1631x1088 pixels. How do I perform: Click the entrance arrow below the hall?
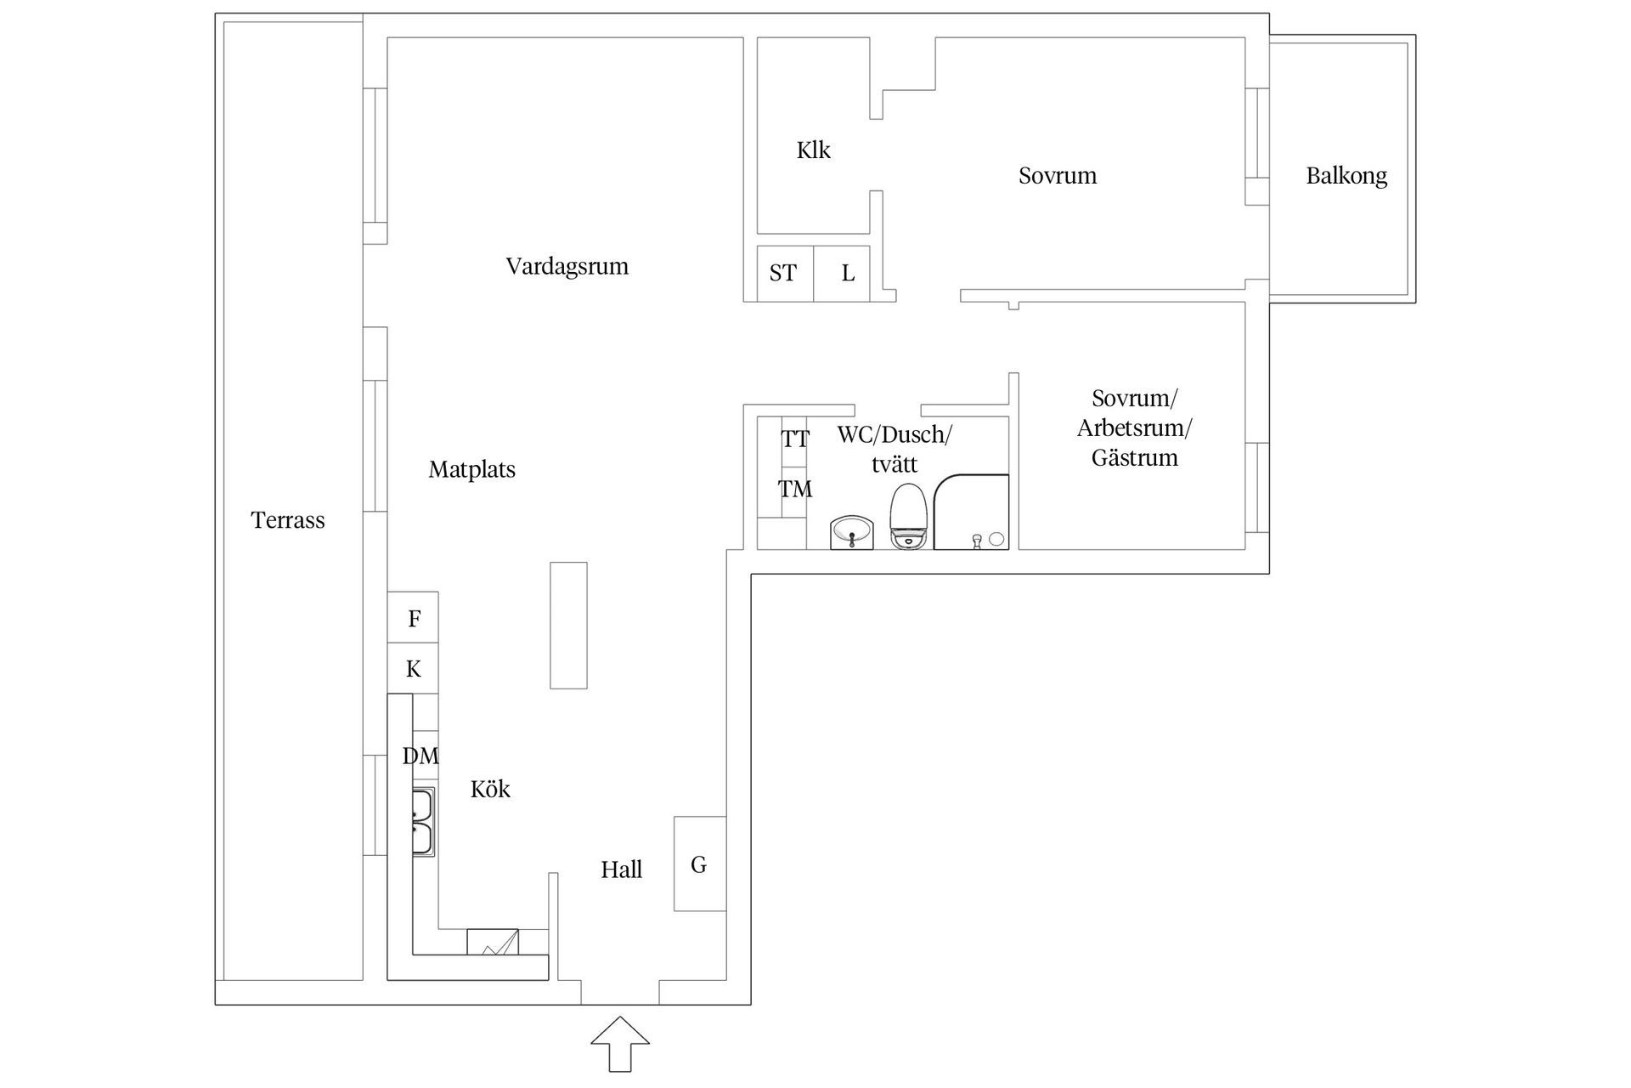click(620, 1044)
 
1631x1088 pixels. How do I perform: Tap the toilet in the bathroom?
click(907, 517)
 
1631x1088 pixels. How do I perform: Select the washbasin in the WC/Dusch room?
click(852, 533)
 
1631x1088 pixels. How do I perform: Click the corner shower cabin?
click(970, 512)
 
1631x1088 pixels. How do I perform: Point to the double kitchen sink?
click(423, 822)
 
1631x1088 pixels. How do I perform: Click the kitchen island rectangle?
click(568, 625)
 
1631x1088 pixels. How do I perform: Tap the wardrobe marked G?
click(699, 864)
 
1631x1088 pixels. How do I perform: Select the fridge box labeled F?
click(414, 618)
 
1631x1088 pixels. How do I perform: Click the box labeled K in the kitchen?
click(414, 669)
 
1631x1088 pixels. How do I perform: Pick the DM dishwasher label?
click(420, 756)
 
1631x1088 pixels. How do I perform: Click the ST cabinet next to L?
click(783, 273)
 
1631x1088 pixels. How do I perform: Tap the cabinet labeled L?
click(847, 273)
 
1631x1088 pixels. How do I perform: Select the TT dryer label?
click(795, 439)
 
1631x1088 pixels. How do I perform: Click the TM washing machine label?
click(795, 489)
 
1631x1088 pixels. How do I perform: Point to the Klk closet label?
click(813, 150)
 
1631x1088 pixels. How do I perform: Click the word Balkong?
click(1346, 176)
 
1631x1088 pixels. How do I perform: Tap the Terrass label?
click(288, 520)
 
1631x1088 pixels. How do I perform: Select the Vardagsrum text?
click(567, 266)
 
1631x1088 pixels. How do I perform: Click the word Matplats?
click(472, 469)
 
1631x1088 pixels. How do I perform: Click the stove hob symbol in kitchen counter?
click(493, 942)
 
